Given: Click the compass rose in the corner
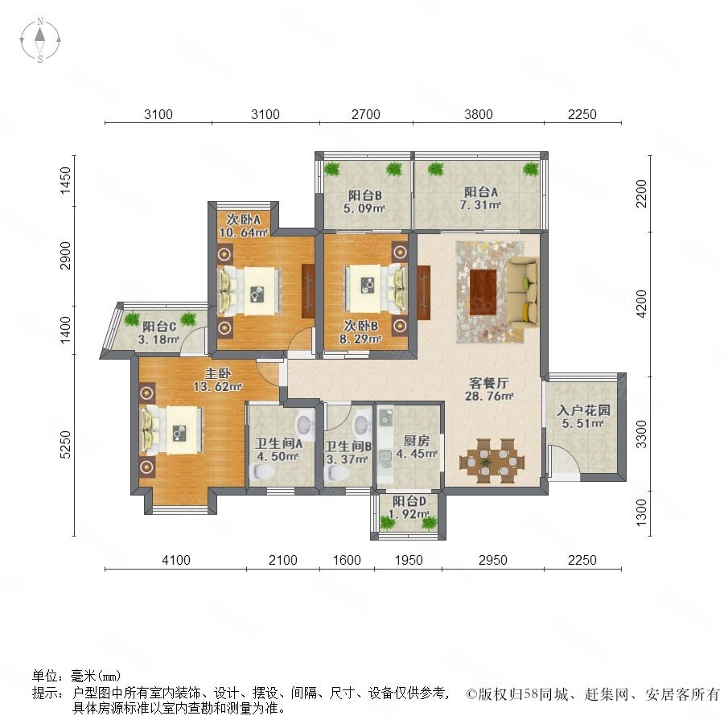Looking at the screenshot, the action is point(40,40).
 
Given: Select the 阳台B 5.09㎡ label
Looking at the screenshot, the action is point(364,202).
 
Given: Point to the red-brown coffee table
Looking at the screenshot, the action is point(483,292).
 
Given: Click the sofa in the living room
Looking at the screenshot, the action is point(524,292).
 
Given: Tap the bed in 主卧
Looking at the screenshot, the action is point(172,430).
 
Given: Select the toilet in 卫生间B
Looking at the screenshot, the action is point(338,472).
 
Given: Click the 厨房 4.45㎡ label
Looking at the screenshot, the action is point(417,447).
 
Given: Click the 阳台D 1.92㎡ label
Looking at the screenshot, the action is point(409,508).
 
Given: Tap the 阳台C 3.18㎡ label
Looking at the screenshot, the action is point(158,333).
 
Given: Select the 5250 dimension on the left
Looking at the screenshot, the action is point(66,445).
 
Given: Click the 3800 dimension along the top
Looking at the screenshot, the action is point(479,114).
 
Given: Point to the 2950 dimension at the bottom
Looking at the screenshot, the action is point(492,560).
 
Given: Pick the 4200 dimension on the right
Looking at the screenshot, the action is point(642,303).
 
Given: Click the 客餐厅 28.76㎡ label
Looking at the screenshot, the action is point(489,389).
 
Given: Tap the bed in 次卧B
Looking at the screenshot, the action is point(376,290).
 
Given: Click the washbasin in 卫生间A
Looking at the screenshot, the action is point(304,424).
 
